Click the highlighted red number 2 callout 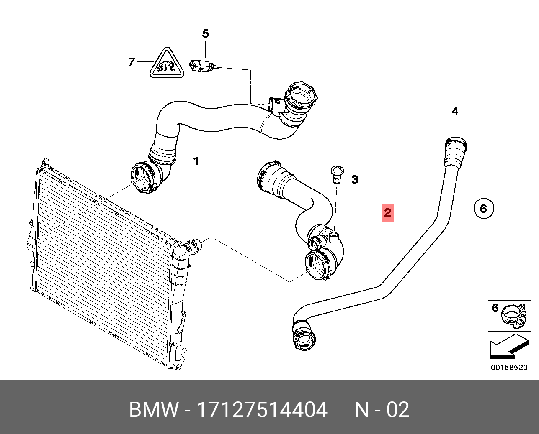point(387,213)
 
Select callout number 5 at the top point(205,33)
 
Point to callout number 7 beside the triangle point(132,62)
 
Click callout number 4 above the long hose point(455,111)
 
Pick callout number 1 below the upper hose point(196,161)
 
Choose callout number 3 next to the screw point(355,179)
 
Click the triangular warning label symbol point(167,63)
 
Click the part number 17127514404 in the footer point(262,409)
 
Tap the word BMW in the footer point(154,409)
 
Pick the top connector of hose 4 point(456,151)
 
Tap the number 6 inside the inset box point(495,308)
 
